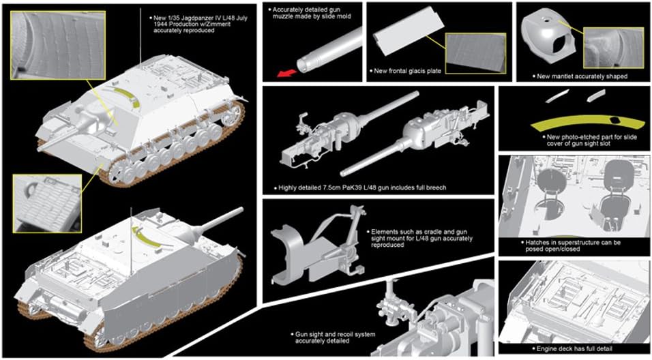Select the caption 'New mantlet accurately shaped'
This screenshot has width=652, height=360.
[x=582, y=76]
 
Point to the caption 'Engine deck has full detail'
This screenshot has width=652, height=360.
[x=576, y=349]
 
